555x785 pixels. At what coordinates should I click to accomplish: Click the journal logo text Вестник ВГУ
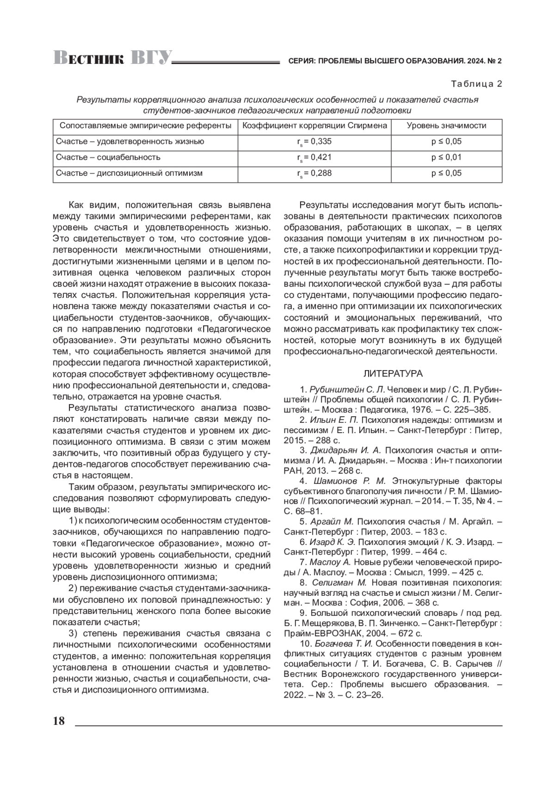click(112, 58)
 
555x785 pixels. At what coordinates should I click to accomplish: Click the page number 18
click(59, 721)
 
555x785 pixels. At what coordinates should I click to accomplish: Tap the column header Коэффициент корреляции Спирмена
click(314, 126)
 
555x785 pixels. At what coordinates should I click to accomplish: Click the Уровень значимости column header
click(446, 126)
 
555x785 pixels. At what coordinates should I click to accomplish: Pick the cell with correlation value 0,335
click(314, 142)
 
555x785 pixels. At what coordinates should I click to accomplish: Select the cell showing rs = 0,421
click(314, 157)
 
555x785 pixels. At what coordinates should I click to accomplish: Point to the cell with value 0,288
click(314, 173)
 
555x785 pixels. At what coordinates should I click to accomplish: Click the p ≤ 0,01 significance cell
click(446, 157)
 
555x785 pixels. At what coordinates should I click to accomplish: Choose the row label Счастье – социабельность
click(108, 157)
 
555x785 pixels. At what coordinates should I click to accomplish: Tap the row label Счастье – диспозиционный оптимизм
click(129, 173)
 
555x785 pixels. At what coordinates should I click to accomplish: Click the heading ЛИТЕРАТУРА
click(393, 373)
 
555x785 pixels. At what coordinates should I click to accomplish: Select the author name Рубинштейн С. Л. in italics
click(347, 389)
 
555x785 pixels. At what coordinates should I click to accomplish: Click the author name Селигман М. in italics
click(339, 583)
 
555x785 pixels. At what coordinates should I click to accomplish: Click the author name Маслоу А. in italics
click(330, 562)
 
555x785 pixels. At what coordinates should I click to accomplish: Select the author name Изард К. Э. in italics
click(333, 542)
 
